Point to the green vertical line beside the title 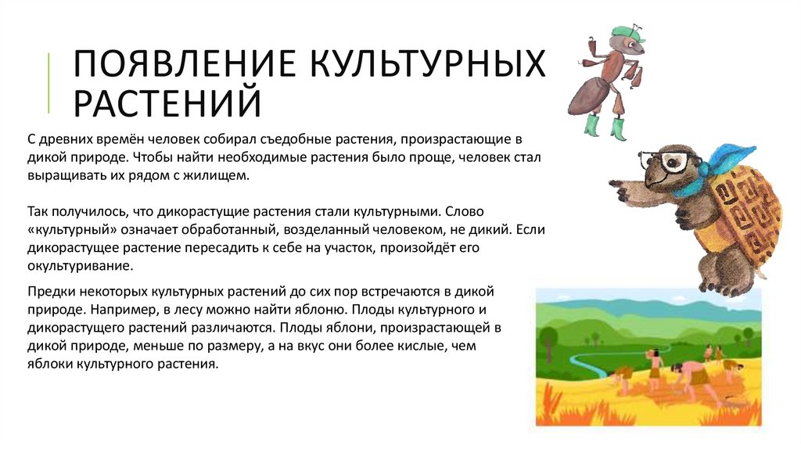49,83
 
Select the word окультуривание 81,266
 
